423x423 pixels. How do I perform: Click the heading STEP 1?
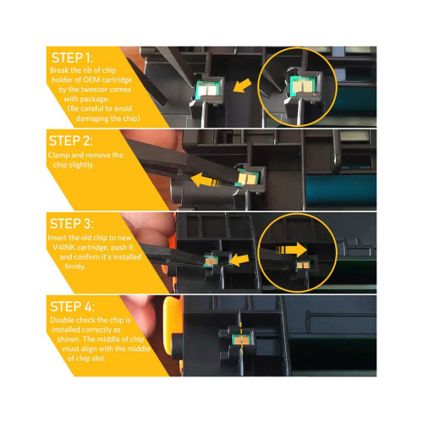pyautogui.click(x=72, y=58)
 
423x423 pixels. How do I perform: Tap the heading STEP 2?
pyautogui.click(x=70, y=140)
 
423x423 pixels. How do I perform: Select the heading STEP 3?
pyautogui.click(x=72, y=223)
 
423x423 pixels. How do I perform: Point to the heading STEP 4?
pyautogui.click(x=72, y=306)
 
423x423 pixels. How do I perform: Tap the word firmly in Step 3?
pyautogui.click(x=75, y=266)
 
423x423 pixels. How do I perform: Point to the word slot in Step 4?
pyautogui.click(x=98, y=359)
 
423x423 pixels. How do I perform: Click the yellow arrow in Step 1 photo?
pyautogui.click(x=242, y=85)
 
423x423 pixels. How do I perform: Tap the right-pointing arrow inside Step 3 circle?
pyautogui.click(x=292, y=250)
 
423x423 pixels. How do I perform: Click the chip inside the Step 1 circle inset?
pyautogui.click(x=302, y=85)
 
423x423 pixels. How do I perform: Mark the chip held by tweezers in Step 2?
pyautogui.click(x=247, y=178)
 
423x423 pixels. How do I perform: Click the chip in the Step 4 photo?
pyautogui.click(x=240, y=339)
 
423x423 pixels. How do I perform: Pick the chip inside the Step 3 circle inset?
pyautogui.click(x=303, y=265)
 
